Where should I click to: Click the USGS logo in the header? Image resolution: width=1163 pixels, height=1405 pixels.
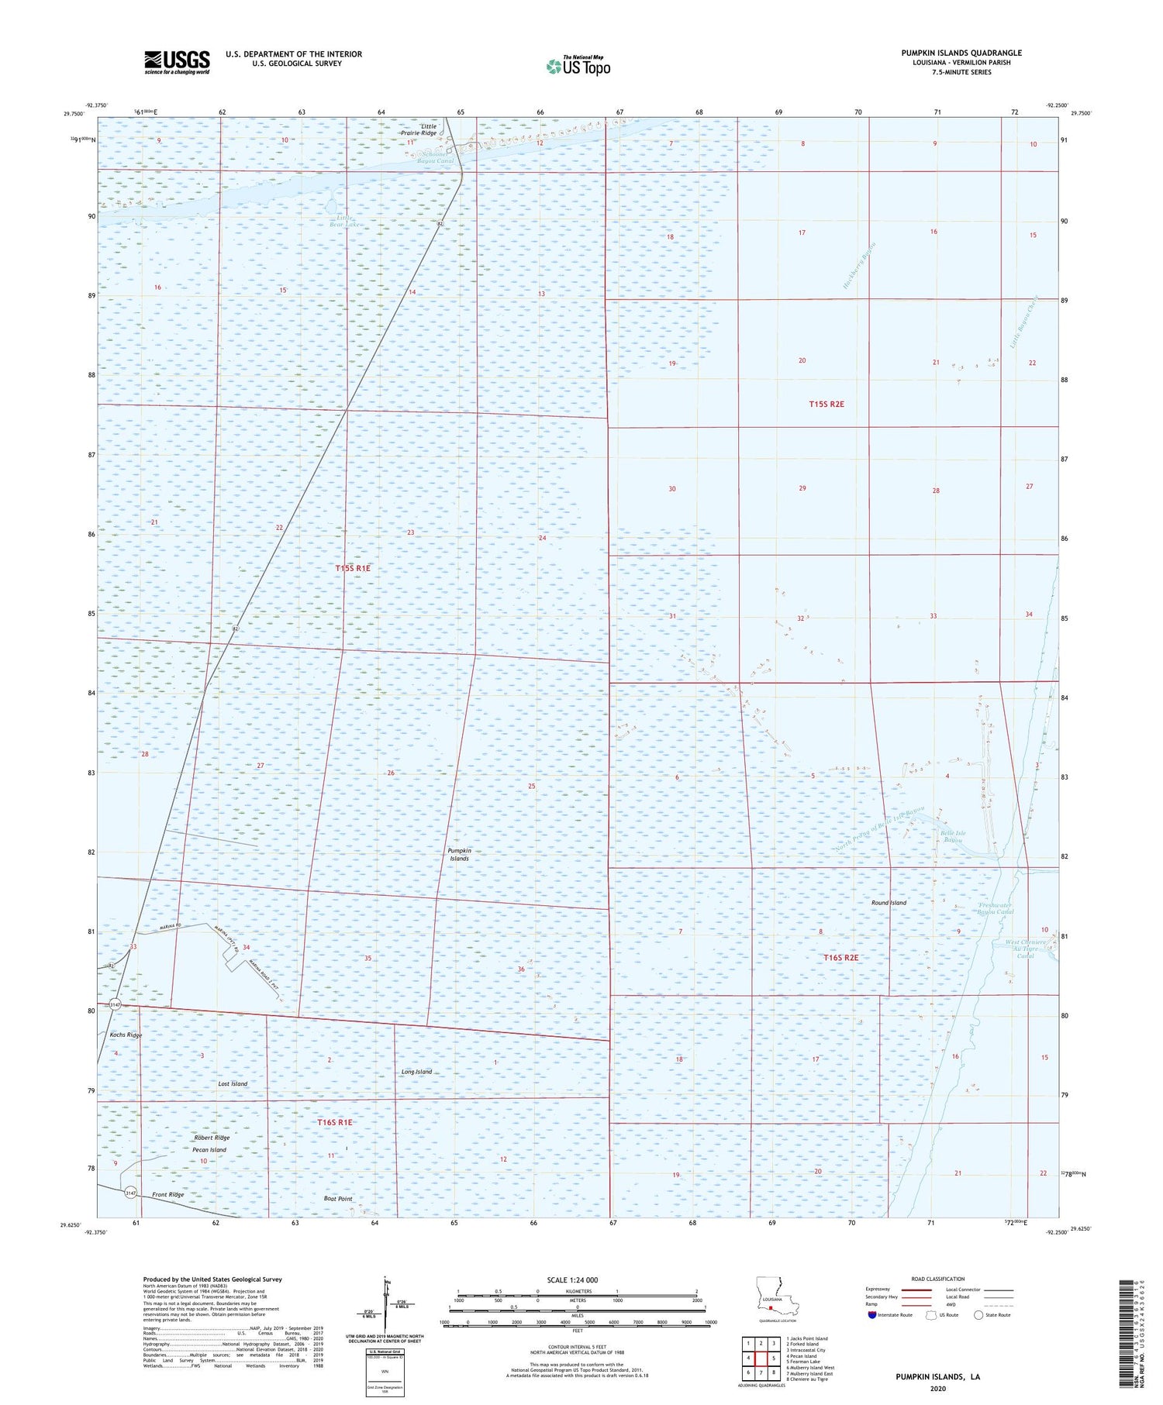pyautogui.click(x=177, y=62)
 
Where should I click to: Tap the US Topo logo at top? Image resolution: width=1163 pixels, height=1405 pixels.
pyautogui.click(x=578, y=66)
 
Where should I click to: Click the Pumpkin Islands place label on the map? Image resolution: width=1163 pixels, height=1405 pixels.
pyautogui.click(x=459, y=854)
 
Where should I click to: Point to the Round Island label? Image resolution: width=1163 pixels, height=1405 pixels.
pyautogui.click(x=888, y=903)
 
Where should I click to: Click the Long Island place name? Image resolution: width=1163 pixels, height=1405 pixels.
pyautogui.click(x=416, y=1072)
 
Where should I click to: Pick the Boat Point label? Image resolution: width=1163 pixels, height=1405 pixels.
pyautogui.click(x=337, y=1198)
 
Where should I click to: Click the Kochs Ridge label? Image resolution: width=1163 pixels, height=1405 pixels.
pyautogui.click(x=126, y=1035)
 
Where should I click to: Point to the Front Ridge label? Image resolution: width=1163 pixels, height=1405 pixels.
pyautogui.click(x=168, y=1194)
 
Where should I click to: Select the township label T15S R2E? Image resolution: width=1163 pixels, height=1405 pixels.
pyautogui.click(x=827, y=404)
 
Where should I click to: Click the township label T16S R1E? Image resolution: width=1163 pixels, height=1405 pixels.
pyautogui.click(x=335, y=1122)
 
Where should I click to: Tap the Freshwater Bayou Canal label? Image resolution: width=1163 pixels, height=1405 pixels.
pyautogui.click(x=996, y=909)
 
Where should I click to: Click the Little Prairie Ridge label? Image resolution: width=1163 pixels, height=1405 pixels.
pyautogui.click(x=429, y=129)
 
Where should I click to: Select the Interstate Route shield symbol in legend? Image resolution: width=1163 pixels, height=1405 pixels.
pyautogui.click(x=872, y=1315)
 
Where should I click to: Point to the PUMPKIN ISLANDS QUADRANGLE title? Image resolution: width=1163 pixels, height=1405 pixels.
pyautogui.click(x=961, y=53)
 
